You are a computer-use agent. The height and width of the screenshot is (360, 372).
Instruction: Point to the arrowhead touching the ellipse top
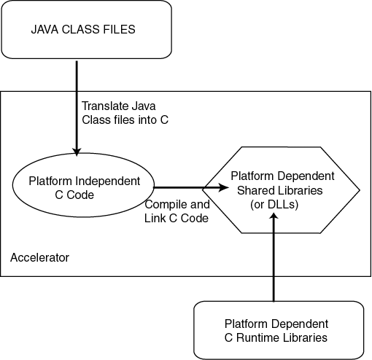pyautogui.click(x=76, y=150)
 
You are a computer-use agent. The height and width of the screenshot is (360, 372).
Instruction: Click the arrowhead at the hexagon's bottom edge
pyautogui.click(x=274, y=219)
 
